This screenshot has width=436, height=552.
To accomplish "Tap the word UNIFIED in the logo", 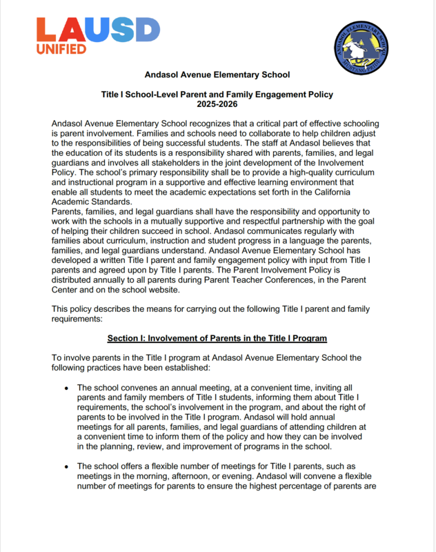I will pyautogui.click(x=61, y=49).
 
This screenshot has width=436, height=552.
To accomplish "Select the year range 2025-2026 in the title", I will pyautogui.click(x=217, y=103).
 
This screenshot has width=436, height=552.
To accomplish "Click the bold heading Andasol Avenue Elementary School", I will pyautogui.click(x=217, y=75).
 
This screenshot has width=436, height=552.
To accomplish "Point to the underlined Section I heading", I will pyautogui.click(x=217, y=338).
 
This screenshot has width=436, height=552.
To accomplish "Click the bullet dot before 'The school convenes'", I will pyautogui.click(x=67, y=389).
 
